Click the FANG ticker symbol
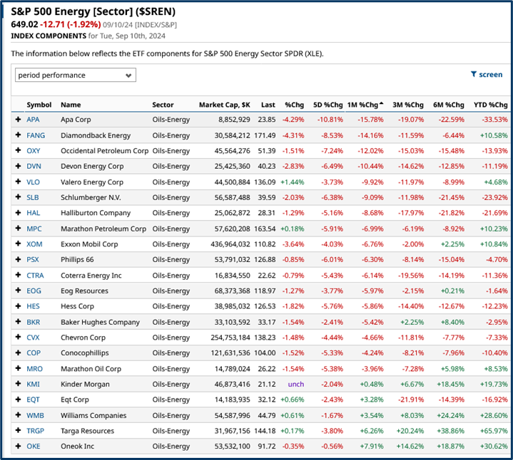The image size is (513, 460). (35, 135)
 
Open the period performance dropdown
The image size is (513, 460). (75, 75)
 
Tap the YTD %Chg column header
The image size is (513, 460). (490, 105)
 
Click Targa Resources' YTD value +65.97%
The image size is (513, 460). (491, 431)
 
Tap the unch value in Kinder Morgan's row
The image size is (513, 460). (295, 384)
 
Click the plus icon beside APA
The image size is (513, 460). (18, 120)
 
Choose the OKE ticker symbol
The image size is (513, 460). (34, 446)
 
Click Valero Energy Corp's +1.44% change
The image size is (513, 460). (293, 182)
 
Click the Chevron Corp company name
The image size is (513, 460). (83, 338)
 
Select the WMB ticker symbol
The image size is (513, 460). (35, 415)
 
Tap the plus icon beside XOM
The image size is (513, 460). (18, 244)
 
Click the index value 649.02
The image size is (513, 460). (23, 25)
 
